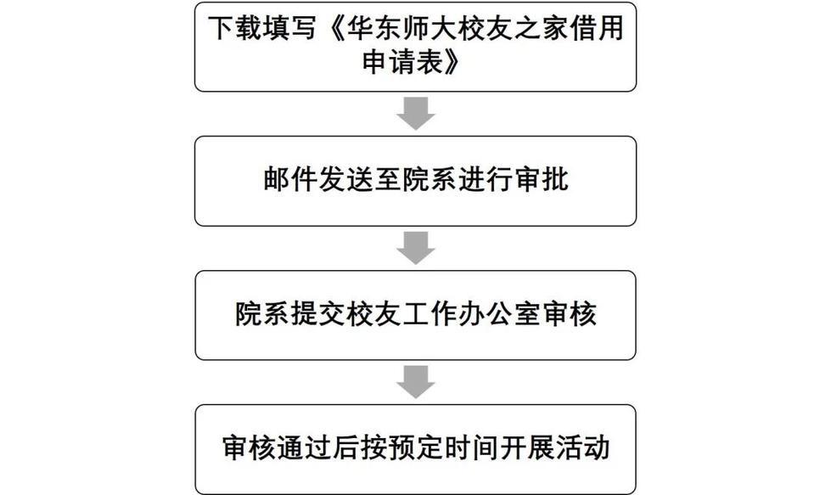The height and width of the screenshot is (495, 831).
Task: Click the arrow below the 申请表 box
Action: (416, 113)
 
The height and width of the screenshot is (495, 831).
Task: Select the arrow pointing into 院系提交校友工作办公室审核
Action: (416, 247)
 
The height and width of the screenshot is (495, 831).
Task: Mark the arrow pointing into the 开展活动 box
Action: (416, 381)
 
